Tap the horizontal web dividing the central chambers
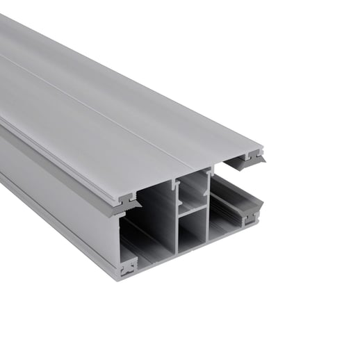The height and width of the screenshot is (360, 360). point(193,209)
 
